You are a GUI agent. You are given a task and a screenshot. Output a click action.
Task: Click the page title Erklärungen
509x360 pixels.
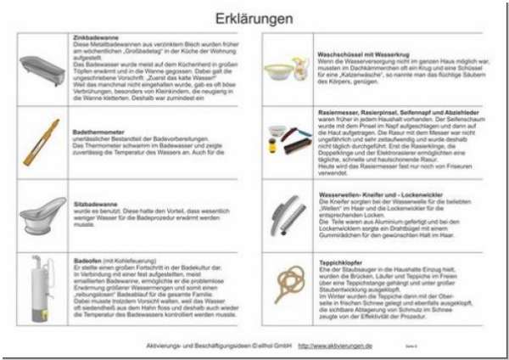[x=255, y=18]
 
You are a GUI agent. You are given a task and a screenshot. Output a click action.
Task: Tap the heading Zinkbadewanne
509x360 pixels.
[x=94, y=38]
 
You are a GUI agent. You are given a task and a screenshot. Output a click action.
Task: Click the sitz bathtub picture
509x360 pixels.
[x=42, y=217]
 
